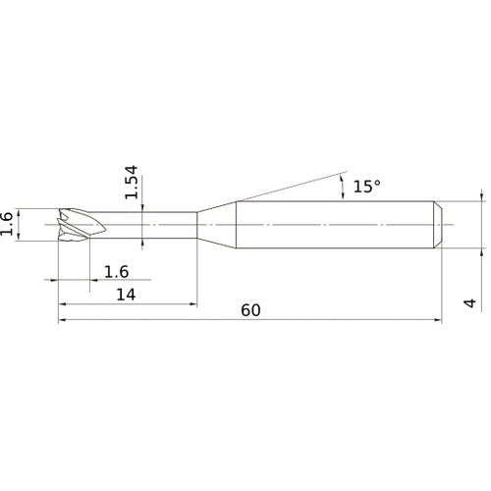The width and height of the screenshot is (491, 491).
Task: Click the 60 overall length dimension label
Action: (250, 310)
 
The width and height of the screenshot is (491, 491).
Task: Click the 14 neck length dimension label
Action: (126, 295)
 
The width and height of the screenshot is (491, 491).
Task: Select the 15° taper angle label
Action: (366, 186)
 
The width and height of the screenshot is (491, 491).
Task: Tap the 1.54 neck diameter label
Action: (132, 182)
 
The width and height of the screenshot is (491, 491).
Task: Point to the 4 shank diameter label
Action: (470, 302)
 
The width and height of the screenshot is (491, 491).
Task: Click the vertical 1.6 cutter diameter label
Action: (7, 224)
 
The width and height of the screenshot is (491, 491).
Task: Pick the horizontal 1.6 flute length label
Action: (116, 272)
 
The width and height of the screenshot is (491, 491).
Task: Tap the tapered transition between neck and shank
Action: (216, 225)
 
